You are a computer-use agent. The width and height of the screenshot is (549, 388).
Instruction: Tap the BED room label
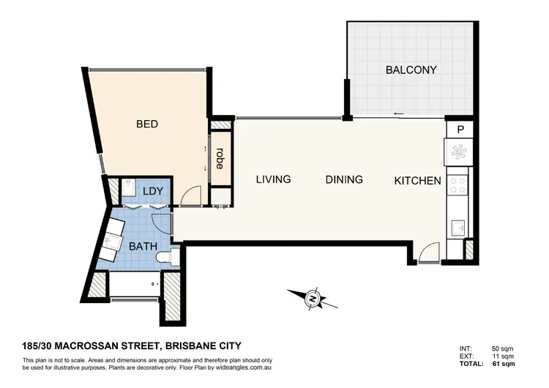coord(147,124)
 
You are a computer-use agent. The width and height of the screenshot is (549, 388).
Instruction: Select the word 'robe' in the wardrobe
coord(220,159)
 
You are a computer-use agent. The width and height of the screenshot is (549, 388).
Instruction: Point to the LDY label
coord(152,191)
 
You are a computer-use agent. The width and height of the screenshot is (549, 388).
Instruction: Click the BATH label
coord(143,247)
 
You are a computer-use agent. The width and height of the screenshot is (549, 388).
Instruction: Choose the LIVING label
coord(273,179)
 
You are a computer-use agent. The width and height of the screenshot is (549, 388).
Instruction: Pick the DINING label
coord(344,179)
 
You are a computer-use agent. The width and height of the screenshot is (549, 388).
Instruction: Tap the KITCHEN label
coord(417,181)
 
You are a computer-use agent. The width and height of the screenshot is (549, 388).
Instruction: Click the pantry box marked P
coord(460,129)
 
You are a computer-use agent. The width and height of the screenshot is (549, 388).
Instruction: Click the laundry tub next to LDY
coord(127,192)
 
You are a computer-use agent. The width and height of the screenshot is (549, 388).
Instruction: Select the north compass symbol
coord(313,299)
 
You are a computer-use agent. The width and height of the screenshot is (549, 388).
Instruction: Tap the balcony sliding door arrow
coord(399,113)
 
